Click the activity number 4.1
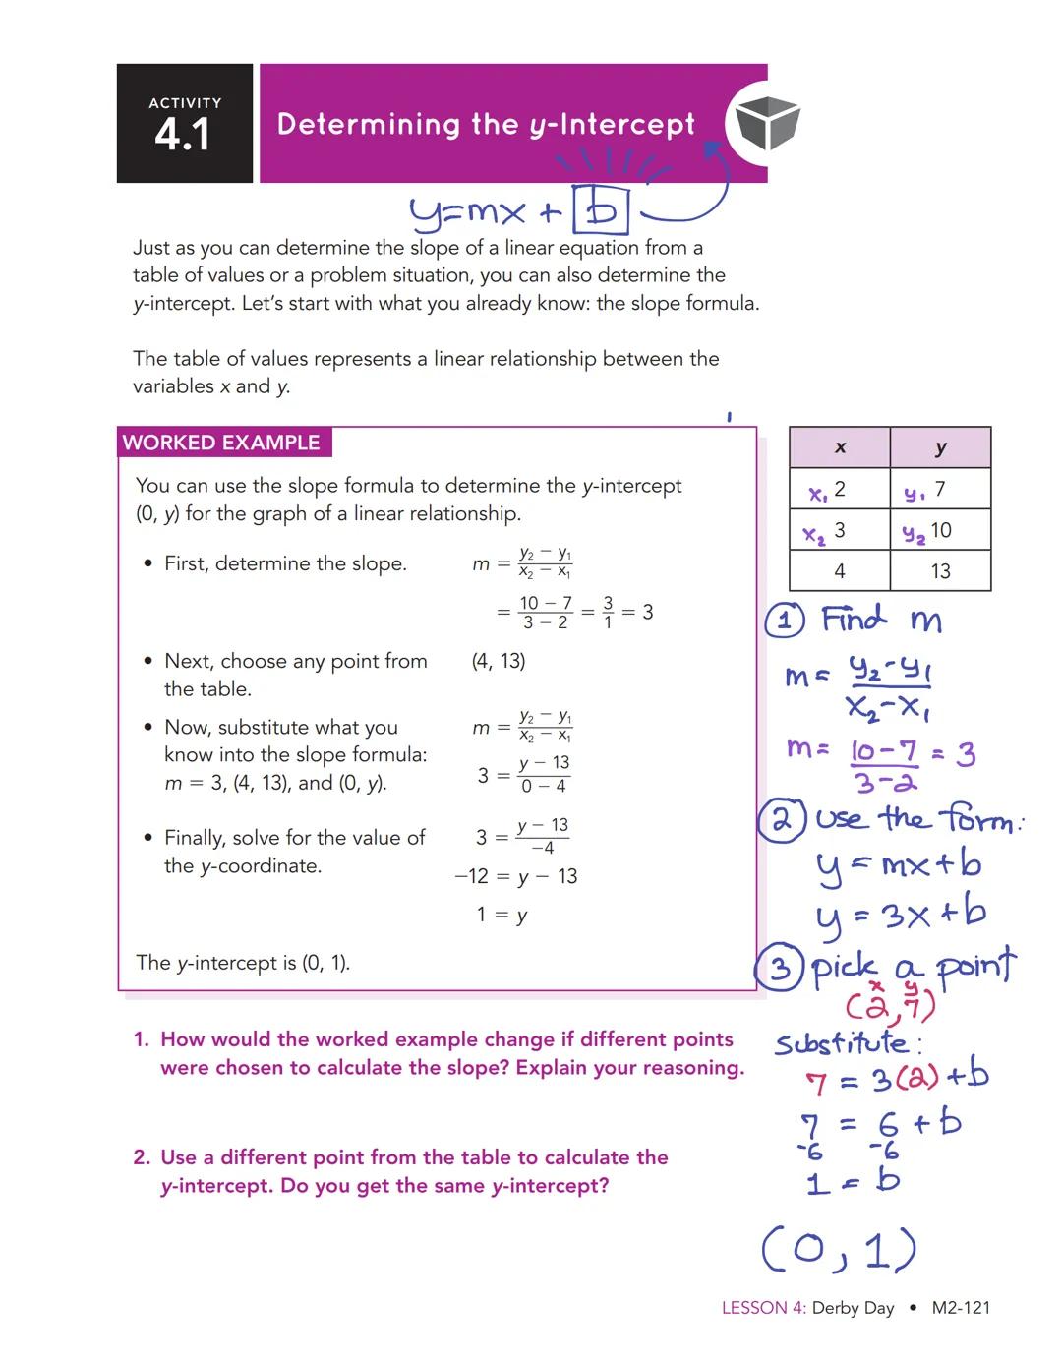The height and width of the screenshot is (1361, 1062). pos(183,134)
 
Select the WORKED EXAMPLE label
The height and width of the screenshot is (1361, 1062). pos(221,443)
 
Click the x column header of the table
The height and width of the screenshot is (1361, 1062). pos(840,447)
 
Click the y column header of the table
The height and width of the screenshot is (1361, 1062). pos(940,447)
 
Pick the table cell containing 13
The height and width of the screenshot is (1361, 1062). pos(940,570)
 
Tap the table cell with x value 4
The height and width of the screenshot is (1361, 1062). pos(840,570)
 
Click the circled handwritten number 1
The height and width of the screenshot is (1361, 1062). pos(786,620)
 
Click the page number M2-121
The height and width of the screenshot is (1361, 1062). pos(961,1308)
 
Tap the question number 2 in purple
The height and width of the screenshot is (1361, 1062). pos(142,1157)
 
